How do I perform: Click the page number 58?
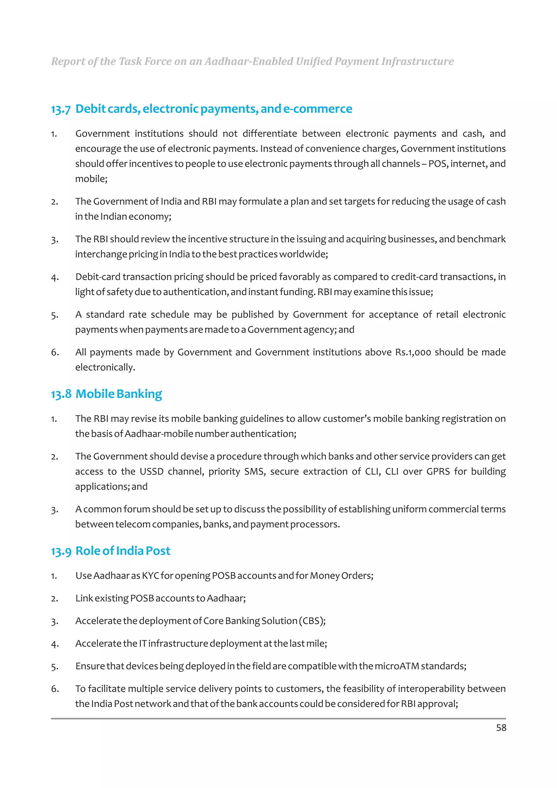coord(501,728)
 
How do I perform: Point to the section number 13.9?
coord(61,551)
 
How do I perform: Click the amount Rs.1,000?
coord(413,352)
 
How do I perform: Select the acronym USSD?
coord(151,471)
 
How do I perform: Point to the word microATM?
coord(397,666)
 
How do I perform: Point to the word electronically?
coord(105,368)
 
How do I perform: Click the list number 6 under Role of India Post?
coord(55,689)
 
